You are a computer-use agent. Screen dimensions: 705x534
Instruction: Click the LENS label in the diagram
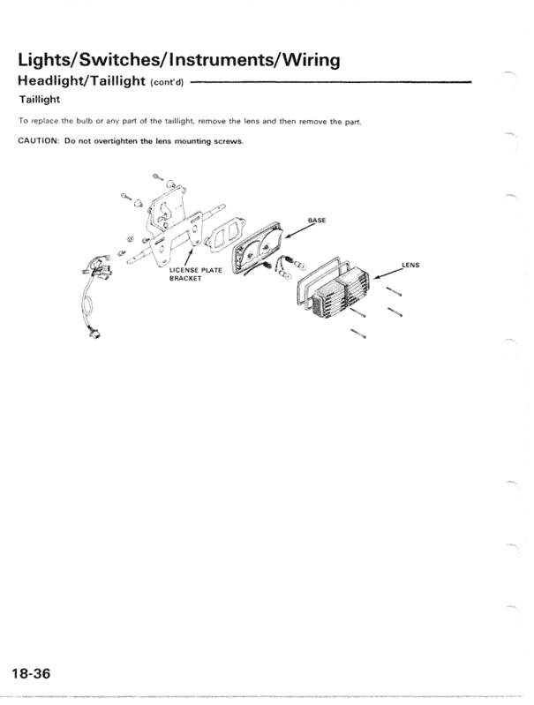click(410, 264)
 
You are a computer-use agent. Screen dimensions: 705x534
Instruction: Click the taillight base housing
click(257, 245)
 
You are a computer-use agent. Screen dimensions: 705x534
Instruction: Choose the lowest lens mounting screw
click(357, 333)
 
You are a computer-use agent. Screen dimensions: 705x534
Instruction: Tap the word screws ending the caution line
click(229, 141)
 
